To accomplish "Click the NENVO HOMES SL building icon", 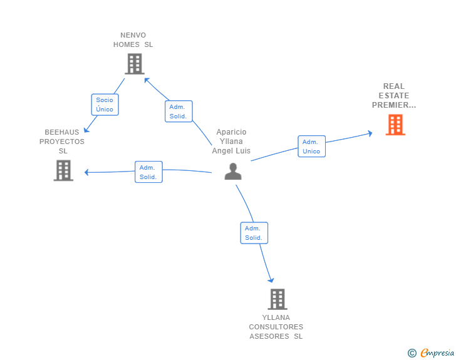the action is (135, 64).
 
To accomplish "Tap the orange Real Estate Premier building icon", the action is (395, 125).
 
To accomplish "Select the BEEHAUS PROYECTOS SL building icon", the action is (63, 170).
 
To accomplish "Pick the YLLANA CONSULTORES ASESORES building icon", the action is (277, 299).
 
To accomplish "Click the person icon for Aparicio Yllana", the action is (233, 172).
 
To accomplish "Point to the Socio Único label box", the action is (105, 105).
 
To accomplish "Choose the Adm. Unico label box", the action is (311, 147).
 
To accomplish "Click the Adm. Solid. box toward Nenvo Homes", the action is (179, 111).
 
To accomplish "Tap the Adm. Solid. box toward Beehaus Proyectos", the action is (148, 172).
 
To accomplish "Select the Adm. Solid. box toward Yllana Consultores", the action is (254, 233).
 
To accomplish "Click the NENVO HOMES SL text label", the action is (133, 40).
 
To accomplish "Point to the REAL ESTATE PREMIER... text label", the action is (394, 96).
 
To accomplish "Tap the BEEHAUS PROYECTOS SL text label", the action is (62, 141).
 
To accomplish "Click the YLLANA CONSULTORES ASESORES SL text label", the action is (276, 327).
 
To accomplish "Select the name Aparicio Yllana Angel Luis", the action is (231, 141).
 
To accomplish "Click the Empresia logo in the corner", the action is (437, 352).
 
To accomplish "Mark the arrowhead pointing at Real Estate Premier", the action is (370, 133).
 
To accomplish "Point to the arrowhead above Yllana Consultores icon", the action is (271, 280).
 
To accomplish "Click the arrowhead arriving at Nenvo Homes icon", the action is (147, 80).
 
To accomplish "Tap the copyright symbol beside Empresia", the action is (412, 353).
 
